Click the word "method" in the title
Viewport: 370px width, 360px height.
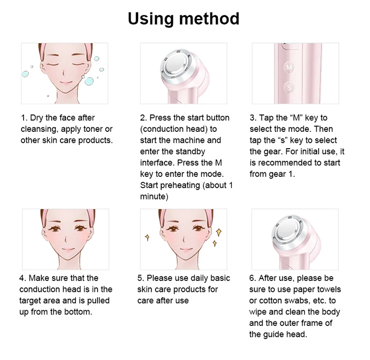tap(209, 19)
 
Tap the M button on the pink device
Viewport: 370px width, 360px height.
tap(289, 67)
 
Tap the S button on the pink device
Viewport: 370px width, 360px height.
tap(289, 87)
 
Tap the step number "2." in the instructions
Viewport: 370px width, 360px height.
tap(144, 118)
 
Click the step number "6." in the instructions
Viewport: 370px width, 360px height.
tap(253, 278)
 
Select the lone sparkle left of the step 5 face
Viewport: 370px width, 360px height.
tap(148, 238)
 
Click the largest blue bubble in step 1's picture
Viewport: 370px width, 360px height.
tap(89, 81)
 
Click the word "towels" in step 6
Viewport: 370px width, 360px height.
tap(329, 289)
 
